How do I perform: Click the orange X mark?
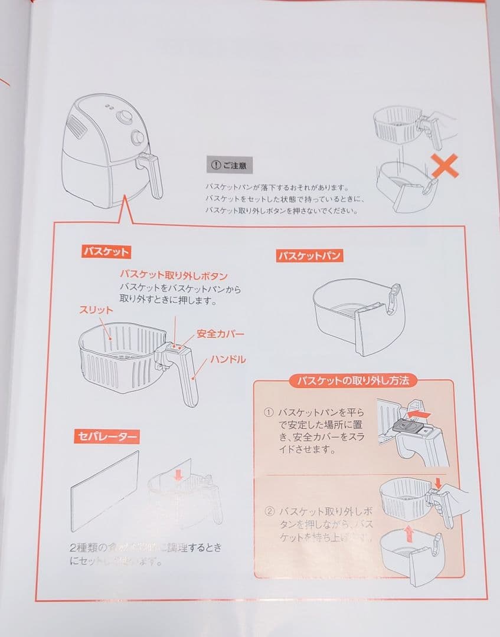445,168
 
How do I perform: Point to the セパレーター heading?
107,437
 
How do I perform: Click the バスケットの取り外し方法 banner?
353,381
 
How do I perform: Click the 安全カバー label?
219,333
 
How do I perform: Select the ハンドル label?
230,359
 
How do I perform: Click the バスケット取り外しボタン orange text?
174,275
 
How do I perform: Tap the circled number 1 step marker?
269,412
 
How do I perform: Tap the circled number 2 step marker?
269,511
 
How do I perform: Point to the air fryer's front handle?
155,175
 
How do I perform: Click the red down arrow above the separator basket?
179,474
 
